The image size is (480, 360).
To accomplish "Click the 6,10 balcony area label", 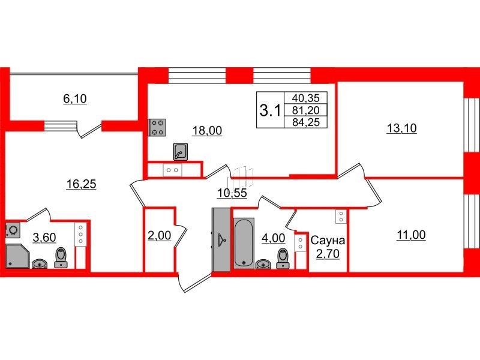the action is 74,98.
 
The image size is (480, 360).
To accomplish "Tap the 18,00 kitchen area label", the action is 207,130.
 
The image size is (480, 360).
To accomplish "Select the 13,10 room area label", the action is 401,128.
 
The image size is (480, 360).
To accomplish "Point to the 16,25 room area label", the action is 82,184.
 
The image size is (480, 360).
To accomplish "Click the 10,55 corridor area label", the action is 232,193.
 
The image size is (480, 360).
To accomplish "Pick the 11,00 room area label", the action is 411,235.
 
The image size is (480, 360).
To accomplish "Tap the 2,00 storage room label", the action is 159,236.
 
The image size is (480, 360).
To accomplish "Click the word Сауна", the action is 328,241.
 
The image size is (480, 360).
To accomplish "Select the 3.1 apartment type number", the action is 269,110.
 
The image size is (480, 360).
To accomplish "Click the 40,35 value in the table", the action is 305,98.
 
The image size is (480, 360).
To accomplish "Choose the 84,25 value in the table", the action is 305,122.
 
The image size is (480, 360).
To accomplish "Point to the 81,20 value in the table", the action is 305,110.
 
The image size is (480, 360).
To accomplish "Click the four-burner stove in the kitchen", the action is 157,127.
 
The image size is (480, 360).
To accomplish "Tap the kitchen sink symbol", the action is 181,152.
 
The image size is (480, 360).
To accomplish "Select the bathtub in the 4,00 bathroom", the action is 244,244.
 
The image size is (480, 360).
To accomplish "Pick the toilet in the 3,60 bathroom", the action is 62,258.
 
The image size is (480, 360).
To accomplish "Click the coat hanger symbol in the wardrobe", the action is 221,240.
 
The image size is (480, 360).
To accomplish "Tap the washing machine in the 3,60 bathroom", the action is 13,230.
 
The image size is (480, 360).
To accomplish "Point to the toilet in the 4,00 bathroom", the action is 283,259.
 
